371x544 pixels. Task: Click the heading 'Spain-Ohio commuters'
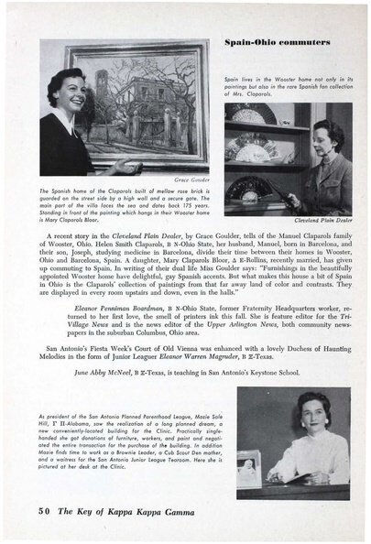(289, 42)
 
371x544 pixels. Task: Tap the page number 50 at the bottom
(46, 509)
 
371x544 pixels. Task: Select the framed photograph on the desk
(249, 468)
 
